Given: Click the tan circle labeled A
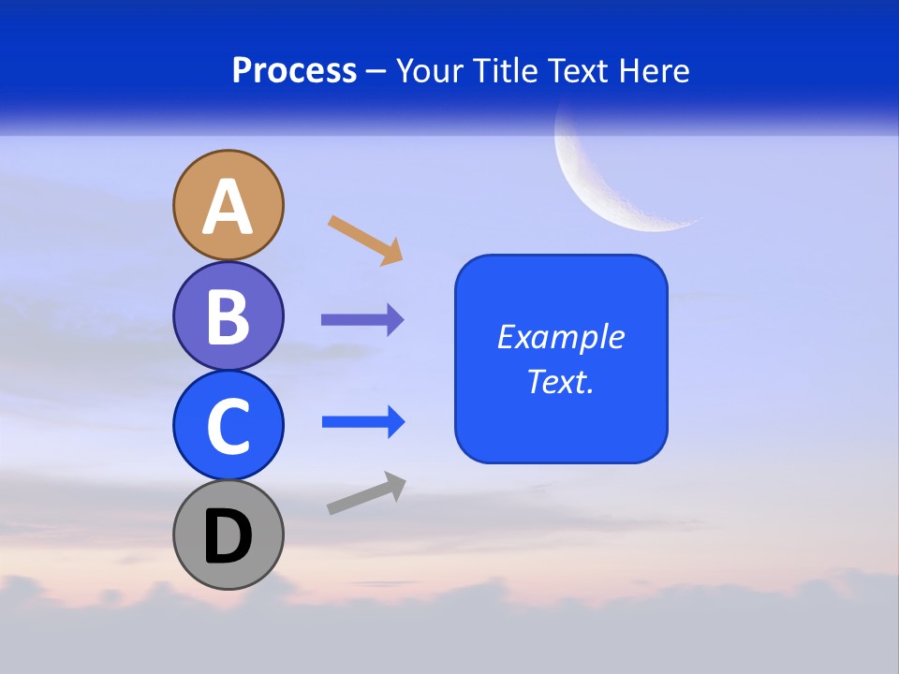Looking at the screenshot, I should pyautogui.click(x=228, y=205).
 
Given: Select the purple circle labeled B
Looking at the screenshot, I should pyautogui.click(x=228, y=315).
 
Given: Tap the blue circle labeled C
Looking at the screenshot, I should pyautogui.click(x=228, y=425).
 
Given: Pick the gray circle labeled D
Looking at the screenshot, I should pyautogui.click(x=228, y=535).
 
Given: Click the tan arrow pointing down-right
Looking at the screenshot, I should pyautogui.click(x=364, y=239).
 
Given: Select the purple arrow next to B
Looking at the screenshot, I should pyautogui.click(x=361, y=320).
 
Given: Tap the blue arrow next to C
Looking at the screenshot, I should pyautogui.click(x=362, y=422).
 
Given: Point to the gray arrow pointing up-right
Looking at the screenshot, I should pyautogui.click(x=366, y=493).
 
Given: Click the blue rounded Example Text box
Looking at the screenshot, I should pyautogui.click(x=561, y=359).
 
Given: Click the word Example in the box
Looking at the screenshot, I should pyautogui.click(x=561, y=337).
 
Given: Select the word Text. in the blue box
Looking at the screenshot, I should pyautogui.click(x=561, y=381).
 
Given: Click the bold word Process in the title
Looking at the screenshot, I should pyautogui.click(x=294, y=70).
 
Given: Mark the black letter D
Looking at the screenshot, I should pyautogui.click(x=228, y=536).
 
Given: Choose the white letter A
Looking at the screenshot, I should pyautogui.click(x=228, y=207).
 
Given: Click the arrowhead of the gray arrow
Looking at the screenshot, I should pyautogui.click(x=394, y=485).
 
